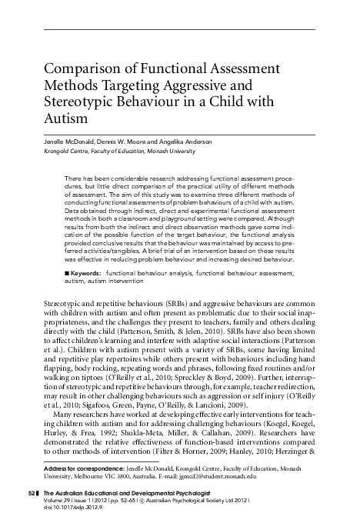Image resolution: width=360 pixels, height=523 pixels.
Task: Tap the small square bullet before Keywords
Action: point(68,272)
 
